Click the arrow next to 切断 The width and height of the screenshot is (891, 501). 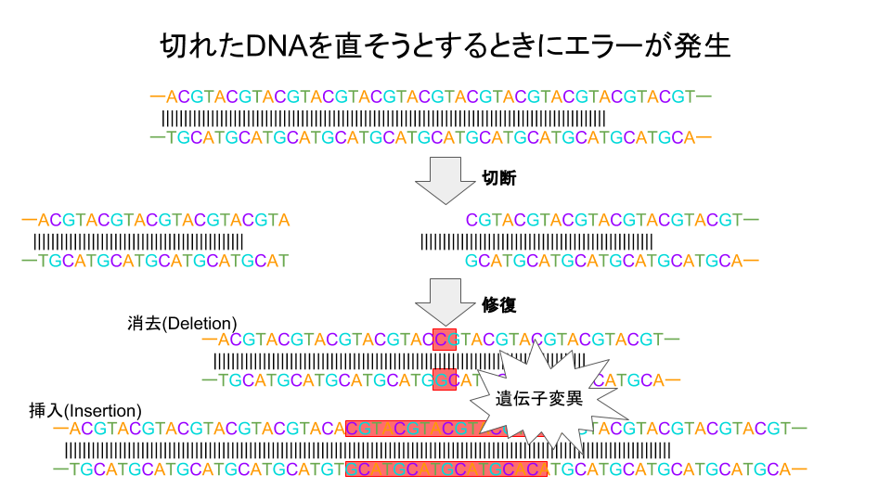pos(438,180)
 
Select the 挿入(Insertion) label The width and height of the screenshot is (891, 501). pos(85,410)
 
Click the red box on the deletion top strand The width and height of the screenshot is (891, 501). pos(445,339)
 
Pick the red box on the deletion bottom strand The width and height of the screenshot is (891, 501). pos(445,379)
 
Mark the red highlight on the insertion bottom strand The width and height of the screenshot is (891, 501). pos(445,469)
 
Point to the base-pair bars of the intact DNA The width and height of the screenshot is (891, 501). pos(383,119)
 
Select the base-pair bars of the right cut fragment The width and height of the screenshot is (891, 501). pos(536,242)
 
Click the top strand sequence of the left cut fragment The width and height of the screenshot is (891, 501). pos(156,221)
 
